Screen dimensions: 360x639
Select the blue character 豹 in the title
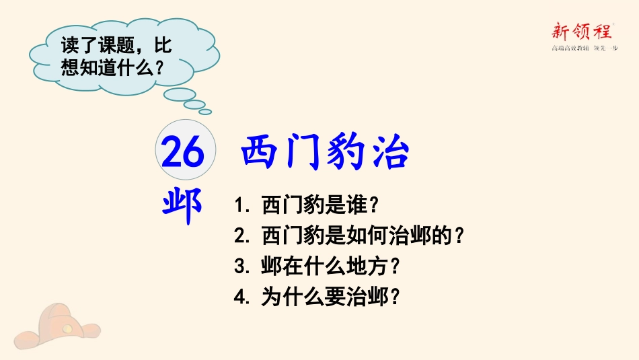pos(344,153)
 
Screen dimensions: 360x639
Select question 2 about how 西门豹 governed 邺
pos(350,236)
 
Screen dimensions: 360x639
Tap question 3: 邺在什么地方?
pos(318,266)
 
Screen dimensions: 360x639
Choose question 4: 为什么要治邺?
pos(318,298)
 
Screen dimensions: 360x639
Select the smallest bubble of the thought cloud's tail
pos(205,112)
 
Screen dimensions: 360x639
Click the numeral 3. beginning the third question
pos(242,266)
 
